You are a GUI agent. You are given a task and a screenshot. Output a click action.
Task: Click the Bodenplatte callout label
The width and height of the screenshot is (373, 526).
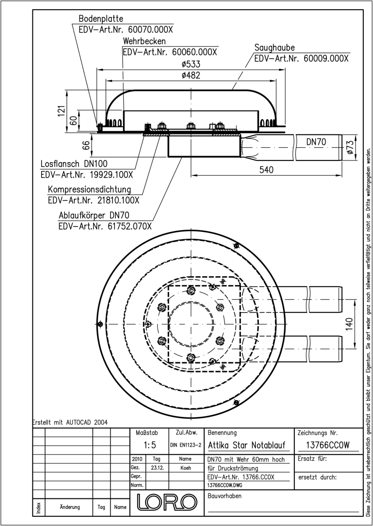(100, 19)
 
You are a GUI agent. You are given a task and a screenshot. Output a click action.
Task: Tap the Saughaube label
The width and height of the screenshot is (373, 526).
(274, 47)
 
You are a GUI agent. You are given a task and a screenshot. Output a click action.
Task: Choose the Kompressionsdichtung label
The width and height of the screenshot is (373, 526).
(90, 190)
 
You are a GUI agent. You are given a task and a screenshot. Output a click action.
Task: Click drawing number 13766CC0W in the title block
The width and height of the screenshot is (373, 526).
(323, 446)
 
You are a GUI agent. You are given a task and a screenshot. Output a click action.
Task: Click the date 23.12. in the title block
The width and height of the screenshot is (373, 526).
(157, 468)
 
